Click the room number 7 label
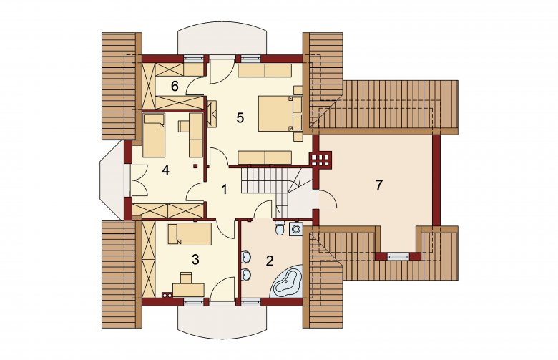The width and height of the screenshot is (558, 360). [x=378, y=185]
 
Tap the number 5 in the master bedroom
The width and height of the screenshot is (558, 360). [x=240, y=118]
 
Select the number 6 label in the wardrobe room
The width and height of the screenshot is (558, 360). [x=175, y=86]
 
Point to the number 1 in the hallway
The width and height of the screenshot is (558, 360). [x=224, y=190]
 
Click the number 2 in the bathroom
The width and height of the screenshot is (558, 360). [x=270, y=261]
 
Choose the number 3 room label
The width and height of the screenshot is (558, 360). [x=195, y=260]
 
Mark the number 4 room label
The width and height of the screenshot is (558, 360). [x=165, y=170]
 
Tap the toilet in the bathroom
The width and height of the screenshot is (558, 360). [x=280, y=227]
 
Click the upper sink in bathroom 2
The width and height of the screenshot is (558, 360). [x=246, y=257]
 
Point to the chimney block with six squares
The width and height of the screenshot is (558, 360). [x=320, y=159]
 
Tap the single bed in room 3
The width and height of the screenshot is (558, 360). [x=189, y=234]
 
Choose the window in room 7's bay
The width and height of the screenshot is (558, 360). [x=398, y=256]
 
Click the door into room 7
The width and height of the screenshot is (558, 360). [x=328, y=200]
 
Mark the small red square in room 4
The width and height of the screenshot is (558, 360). [x=195, y=166]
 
